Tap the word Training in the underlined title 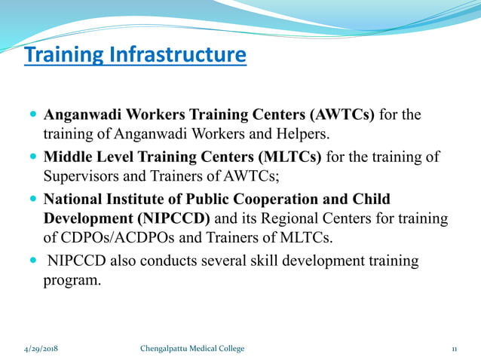pyautogui.click(x=65, y=56)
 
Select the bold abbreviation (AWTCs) pyautogui.click(x=339, y=115)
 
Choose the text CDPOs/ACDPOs pyautogui.click(x=107, y=239)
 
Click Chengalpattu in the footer pyautogui.click(x=165, y=349)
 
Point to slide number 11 pyautogui.click(x=455, y=349)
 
